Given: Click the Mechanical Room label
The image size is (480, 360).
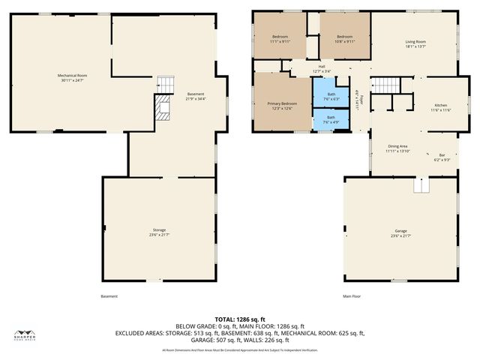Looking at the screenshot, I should (x=73, y=78).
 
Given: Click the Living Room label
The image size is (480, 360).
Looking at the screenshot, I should (x=415, y=43).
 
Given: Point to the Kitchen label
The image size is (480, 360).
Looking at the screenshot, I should (x=441, y=107).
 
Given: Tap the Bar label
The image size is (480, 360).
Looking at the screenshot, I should (x=441, y=157).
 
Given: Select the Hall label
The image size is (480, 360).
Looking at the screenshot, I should (x=321, y=69).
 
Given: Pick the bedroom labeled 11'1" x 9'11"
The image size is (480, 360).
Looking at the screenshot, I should (x=280, y=39).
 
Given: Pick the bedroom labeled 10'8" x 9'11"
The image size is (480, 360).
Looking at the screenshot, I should (x=344, y=39).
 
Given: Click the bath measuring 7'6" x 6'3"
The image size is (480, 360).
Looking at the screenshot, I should (x=331, y=96).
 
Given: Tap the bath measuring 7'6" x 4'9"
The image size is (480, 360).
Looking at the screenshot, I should (x=331, y=119).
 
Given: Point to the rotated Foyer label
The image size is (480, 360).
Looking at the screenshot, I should (x=358, y=101).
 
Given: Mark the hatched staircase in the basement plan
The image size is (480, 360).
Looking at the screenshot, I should (x=163, y=109).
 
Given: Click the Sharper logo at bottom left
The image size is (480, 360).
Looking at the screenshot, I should (x=27, y=336).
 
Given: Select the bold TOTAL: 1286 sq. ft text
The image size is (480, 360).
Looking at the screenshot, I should (x=239, y=319).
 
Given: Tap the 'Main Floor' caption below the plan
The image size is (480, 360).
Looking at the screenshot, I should (x=352, y=296).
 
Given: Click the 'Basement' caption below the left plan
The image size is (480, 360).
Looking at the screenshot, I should (x=109, y=296).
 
